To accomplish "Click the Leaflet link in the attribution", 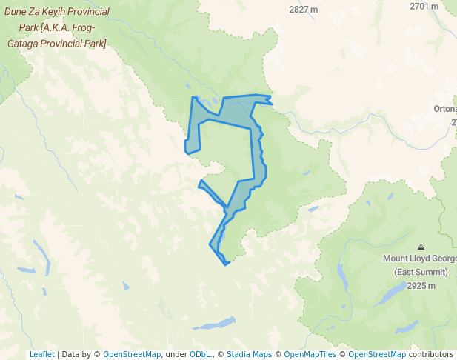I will (41, 354).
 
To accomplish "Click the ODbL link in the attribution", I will (199, 354).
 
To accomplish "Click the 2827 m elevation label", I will (304, 10).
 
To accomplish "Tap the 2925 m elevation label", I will (420, 286).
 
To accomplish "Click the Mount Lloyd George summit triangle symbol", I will (421, 247).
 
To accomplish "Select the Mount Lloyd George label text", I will (419, 259).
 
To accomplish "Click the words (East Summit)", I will (420, 272).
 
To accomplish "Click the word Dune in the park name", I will (17, 13).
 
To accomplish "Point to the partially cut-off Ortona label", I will (445, 109).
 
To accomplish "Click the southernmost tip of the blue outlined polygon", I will (224, 264).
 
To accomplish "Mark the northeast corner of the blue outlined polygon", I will (270, 99).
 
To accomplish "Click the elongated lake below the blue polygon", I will (215, 324).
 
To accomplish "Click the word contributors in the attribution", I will (430, 354).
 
